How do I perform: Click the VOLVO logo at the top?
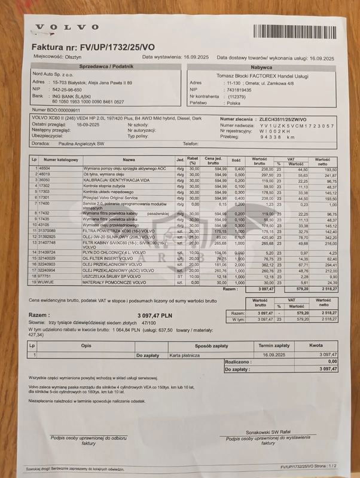(x=60, y=27)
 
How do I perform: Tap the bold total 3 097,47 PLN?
(x=154, y=313)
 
